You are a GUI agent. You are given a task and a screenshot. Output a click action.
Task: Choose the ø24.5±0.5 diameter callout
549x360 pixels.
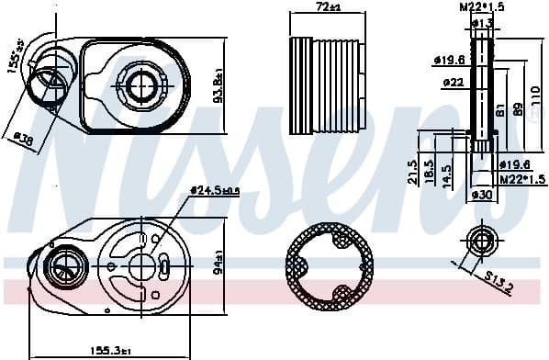[x=215, y=190]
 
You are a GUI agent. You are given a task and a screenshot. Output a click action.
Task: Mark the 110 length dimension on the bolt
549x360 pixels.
[x=535, y=93]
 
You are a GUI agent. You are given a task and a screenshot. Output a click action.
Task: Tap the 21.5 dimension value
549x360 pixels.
[x=413, y=172]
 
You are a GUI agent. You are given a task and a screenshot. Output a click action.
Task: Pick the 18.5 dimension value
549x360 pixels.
[x=429, y=172]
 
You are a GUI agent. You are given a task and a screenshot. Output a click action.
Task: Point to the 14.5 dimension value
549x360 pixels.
[x=446, y=172]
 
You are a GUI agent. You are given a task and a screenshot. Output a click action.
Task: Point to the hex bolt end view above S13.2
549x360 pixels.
[x=481, y=241]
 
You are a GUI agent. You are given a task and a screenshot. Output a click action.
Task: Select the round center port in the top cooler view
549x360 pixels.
[x=140, y=84]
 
